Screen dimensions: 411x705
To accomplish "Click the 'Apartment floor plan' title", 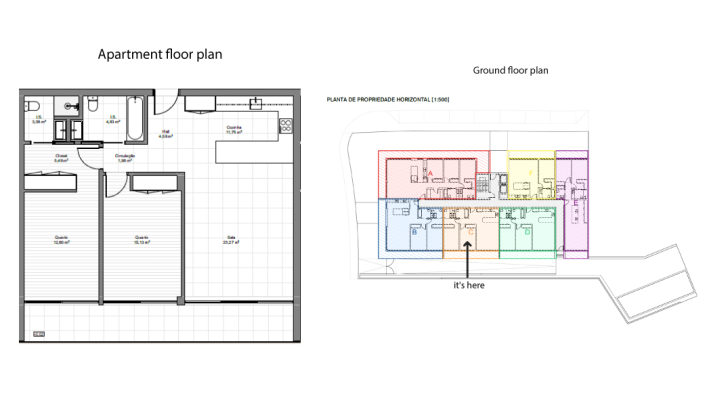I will [x=159, y=54].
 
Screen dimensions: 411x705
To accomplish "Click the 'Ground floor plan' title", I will [x=510, y=71].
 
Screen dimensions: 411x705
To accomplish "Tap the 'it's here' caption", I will [x=469, y=285].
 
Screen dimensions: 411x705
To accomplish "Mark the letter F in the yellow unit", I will [x=529, y=172].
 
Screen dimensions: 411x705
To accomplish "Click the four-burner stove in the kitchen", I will [x=285, y=126].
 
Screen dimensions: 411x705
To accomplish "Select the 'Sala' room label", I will [x=232, y=238].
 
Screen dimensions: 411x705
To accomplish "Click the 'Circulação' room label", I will [x=125, y=156].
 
